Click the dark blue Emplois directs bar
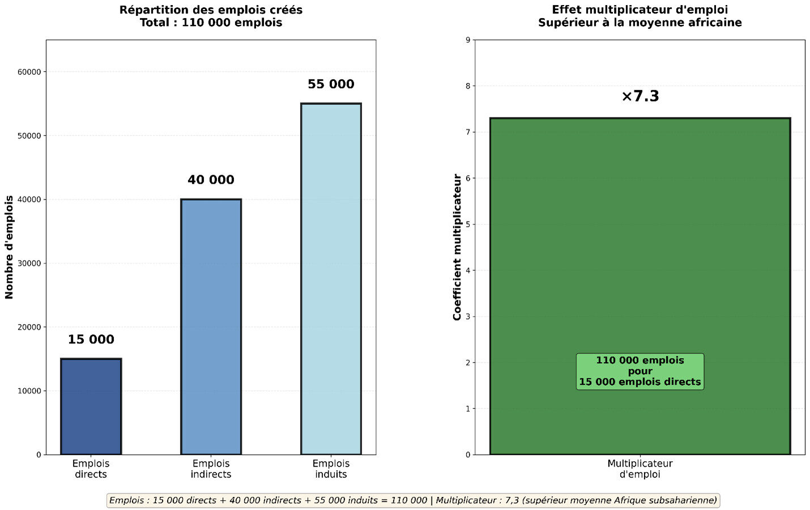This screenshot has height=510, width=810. (x=91, y=406)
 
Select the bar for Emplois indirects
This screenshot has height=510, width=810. (x=211, y=326)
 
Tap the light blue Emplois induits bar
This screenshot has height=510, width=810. (x=331, y=279)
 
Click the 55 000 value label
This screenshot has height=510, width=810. (x=331, y=84)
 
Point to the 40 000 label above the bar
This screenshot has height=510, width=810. (x=211, y=180)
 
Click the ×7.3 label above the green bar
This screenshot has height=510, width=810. (x=640, y=96)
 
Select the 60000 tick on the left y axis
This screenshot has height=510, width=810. (x=29, y=72)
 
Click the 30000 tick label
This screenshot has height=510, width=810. (x=29, y=263)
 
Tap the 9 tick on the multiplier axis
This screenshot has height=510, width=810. (x=467, y=40)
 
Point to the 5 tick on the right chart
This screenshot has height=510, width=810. (x=467, y=224)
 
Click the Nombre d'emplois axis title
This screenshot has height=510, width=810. (x=9, y=247)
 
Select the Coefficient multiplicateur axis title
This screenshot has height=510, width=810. (x=457, y=247)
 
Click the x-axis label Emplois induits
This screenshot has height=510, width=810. (x=331, y=469)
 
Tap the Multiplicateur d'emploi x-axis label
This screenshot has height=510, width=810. (x=640, y=469)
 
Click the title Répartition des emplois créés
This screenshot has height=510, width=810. (x=211, y=10)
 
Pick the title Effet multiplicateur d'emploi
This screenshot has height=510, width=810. (x=640, y=10)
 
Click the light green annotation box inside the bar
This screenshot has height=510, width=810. (x=640, y=371)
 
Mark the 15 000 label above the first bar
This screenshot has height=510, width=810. (x=91, y=340)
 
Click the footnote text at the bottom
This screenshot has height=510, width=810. (x=413, y=500)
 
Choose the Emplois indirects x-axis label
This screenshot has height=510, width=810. (x=211, y=469)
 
